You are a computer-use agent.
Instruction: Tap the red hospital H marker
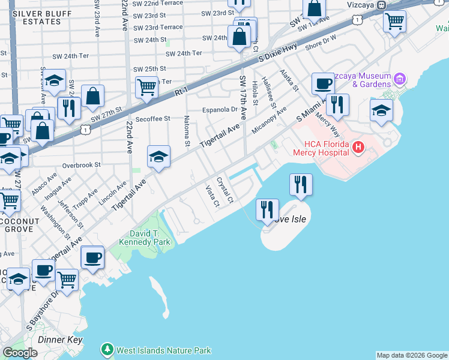358,146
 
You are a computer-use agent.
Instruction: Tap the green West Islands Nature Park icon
107,349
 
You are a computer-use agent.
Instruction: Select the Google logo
20,353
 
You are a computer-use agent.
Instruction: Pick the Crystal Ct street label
224,188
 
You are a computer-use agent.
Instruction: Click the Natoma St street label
187,131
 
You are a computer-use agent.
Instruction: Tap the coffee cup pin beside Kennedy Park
92,257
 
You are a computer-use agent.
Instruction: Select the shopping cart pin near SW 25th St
146,88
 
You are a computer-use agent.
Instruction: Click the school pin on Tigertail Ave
158,157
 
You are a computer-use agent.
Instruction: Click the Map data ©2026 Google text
412,355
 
